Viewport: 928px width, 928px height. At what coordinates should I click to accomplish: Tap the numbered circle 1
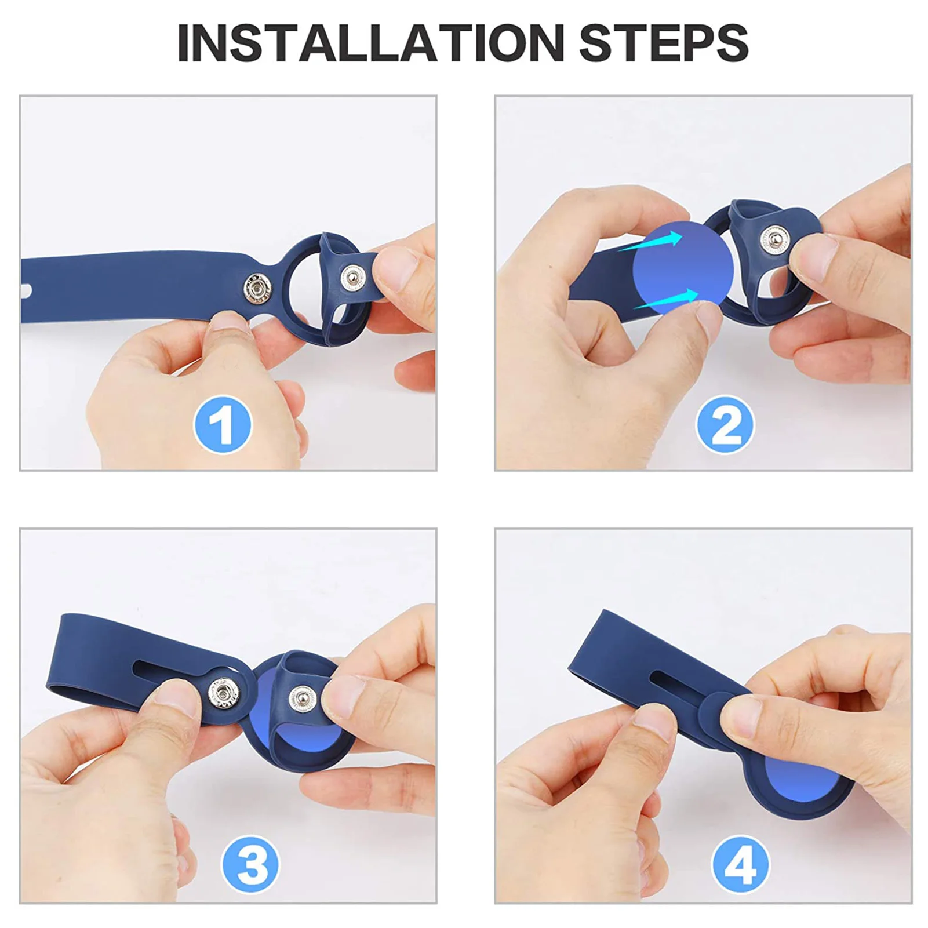click(223, 425)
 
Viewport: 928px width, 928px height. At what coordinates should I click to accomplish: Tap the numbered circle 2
click(725, 425)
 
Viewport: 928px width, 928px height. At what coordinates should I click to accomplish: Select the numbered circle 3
click(250, 864)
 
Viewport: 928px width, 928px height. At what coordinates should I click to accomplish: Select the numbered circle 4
click(740, 864)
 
